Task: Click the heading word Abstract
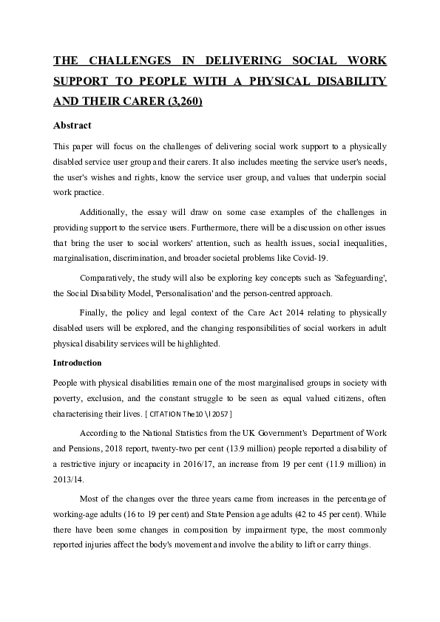point(72,126)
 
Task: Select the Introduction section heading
point(80,363)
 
